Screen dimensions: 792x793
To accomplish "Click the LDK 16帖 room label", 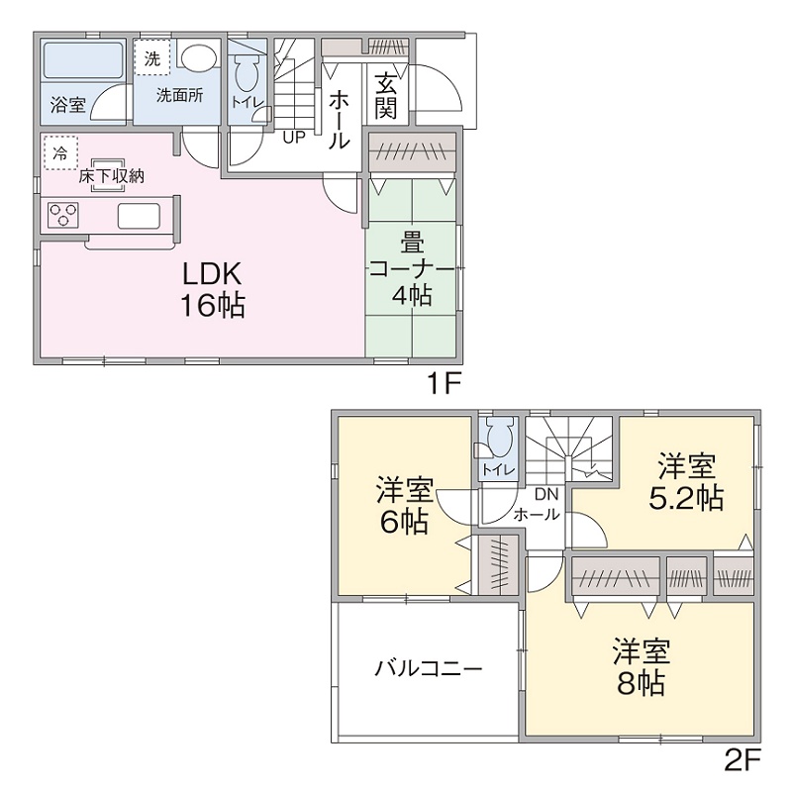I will [212, 289].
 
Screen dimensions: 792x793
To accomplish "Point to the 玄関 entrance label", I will [386, 96].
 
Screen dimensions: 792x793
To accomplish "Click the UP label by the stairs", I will [293, 137].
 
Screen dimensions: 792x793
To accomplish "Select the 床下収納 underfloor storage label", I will [112, 176].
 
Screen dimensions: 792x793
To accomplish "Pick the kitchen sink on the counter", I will [139, 215].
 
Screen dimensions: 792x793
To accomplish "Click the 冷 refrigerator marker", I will [59, 152].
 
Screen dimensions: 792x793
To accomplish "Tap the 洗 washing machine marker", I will [151, 58].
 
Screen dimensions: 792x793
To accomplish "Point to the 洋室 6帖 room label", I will [402, 505].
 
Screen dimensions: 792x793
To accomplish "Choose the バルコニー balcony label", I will [428, 668].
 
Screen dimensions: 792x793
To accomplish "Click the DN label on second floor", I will [546, 494].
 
